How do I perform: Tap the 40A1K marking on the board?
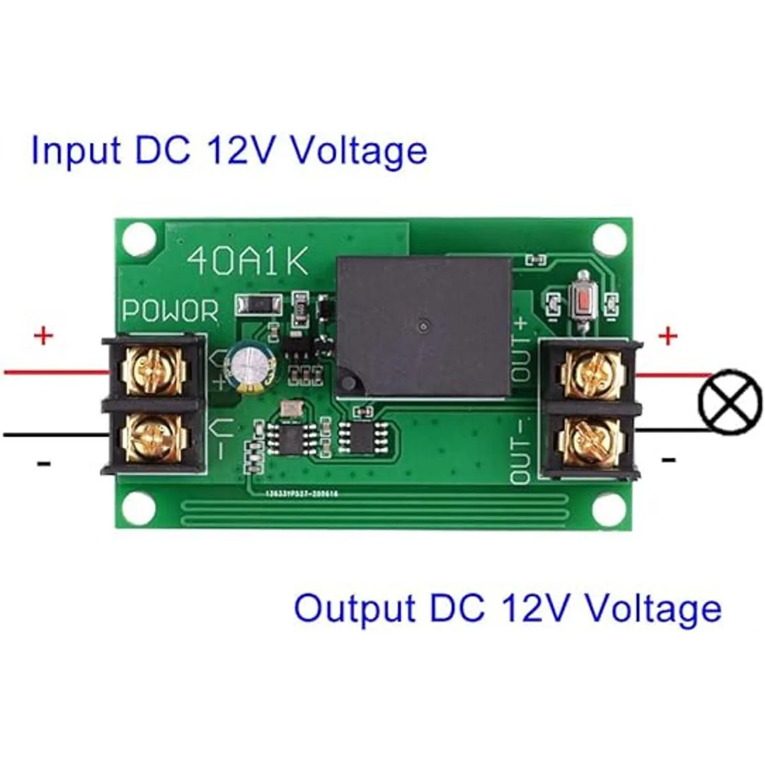[x=249, y=261]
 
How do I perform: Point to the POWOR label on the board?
[x=170, y=311]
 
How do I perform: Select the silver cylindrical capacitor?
[x=249, y=368]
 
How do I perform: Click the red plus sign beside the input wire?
[x=43, y=335]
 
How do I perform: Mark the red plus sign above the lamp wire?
[x=667, y=336]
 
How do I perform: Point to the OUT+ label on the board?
[x=521, y=349]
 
